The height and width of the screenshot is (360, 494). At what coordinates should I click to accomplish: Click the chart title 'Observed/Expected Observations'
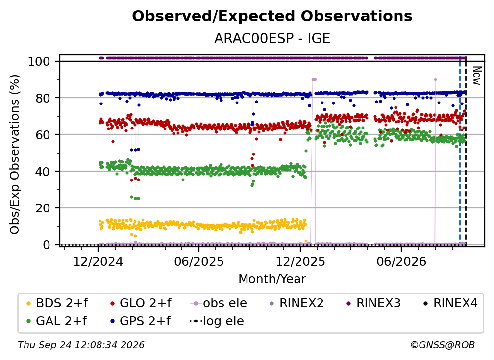click(272, 16)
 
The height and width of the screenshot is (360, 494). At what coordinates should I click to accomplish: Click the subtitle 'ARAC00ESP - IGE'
click(272, 38)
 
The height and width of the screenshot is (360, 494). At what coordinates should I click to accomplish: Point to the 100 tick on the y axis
click(39, 61)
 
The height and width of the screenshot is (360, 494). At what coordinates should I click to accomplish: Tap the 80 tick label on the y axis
click(43, 98)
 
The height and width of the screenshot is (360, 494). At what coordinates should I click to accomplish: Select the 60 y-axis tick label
click(43, 134)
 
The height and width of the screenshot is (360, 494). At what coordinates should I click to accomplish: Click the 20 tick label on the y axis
click(43, 208)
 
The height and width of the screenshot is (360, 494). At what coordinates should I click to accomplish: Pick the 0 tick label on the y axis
click(47, 245)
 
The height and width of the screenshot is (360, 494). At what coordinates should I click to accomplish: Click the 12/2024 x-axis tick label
click(98, 262)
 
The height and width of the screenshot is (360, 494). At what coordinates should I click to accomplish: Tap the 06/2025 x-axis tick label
click(199, 262)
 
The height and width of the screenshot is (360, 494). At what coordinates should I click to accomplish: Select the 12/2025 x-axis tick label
click(300, 262)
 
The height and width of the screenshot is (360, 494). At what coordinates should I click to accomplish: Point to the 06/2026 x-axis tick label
click(401, 262)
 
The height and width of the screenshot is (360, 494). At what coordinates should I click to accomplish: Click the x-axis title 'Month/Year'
click(272, 279)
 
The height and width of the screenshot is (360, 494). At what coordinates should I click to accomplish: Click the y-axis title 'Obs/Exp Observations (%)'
click(15, 154)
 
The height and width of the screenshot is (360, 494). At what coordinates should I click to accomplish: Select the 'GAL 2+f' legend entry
click(56, 321)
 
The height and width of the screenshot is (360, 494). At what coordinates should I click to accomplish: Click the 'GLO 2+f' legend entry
click(141, 303)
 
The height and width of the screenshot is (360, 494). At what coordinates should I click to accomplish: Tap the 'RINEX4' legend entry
click(450, 303)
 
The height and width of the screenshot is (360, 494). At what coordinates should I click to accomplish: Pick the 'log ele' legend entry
click(217, 321)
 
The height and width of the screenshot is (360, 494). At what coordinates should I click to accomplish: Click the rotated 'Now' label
click(477, 76)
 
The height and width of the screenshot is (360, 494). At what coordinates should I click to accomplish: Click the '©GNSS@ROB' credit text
click(443, 345)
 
